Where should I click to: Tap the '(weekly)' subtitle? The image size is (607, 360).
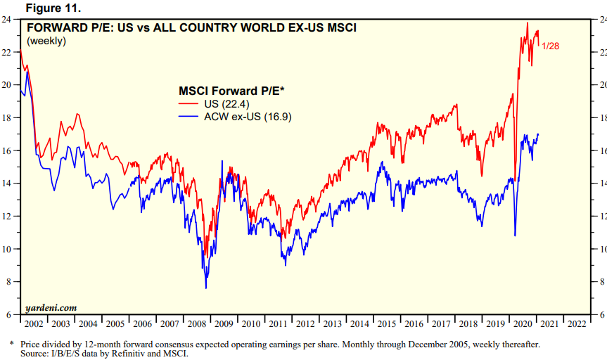(46, 41)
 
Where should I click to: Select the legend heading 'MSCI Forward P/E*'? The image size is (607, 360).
(230, 91)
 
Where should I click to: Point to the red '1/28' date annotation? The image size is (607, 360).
(551, 46)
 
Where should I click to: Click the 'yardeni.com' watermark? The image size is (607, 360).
(51, 307)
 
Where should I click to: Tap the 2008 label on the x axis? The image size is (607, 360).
(197, 324)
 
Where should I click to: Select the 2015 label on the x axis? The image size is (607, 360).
(387, 324)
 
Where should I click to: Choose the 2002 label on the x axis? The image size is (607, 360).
(34, 324)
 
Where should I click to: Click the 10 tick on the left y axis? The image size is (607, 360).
(10, 249)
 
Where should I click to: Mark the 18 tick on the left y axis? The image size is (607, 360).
(10, 118)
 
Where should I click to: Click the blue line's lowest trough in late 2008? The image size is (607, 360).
(206, 288)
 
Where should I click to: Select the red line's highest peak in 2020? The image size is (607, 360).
(527, 23)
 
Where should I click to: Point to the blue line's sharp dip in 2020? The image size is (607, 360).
(516, 236)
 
